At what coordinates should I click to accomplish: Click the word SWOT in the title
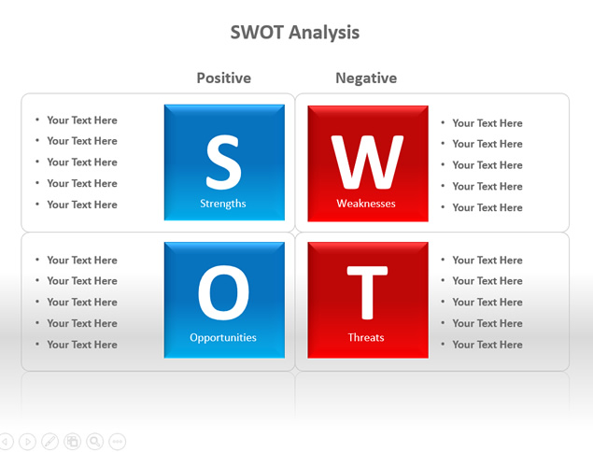coord(257,32)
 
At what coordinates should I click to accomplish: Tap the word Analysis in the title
coord(324,33)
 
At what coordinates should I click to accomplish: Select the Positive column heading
coord(224,78)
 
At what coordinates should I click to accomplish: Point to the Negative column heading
coord(366,78)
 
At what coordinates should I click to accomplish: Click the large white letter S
coord(223,162)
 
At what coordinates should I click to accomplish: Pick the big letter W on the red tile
coord(367,162)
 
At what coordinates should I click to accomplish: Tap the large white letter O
coord(223,292)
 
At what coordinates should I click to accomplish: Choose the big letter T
coord(367,292)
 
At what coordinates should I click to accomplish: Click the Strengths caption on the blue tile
coord(223,204)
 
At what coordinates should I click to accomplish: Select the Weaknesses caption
coord(366,204)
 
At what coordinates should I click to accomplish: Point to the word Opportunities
coord(223,338)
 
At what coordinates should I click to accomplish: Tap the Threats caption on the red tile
coord(366,337)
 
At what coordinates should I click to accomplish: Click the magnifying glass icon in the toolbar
coord(95,442)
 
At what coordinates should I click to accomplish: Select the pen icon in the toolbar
coord(49,442)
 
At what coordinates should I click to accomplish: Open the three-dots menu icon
coord(118,442)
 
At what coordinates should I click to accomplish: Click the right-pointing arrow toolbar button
coord(27,442)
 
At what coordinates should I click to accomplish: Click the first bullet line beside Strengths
coord(77,120)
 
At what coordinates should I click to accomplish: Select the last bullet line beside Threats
coord(482,345)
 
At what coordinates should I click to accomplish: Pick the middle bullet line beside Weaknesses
coord(482,165)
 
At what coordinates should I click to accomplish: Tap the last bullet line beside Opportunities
coord(77,345)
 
